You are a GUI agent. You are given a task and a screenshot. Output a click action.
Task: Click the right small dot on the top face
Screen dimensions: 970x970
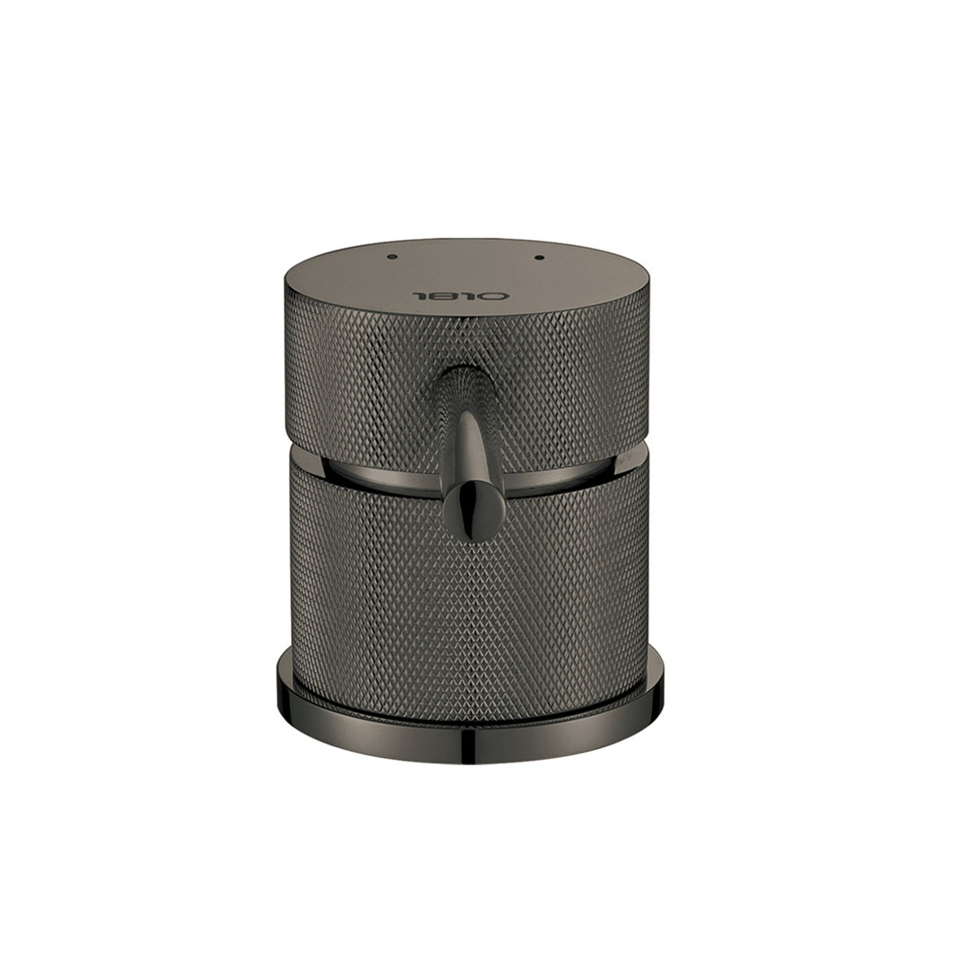coord(538,257)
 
